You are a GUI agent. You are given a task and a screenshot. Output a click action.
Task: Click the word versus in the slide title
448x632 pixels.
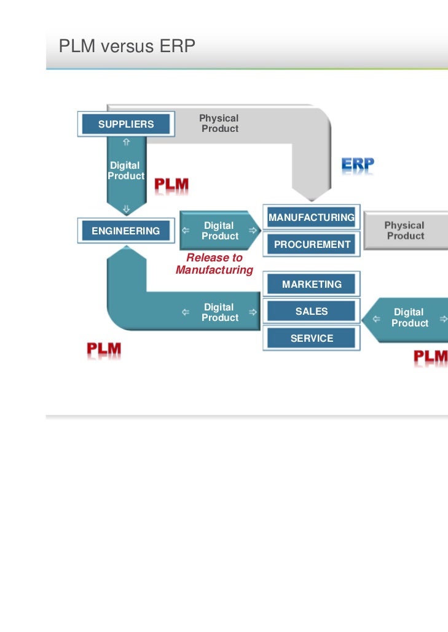(x=120, y=45)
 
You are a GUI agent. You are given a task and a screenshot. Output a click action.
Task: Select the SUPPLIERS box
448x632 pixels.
(x=126, y=125)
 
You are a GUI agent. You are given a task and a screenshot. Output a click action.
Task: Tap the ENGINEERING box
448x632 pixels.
(x=125, y=231)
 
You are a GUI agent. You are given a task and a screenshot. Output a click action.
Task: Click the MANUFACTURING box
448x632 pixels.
(x=311, y=217)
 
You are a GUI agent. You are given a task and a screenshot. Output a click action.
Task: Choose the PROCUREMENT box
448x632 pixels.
(x=312, y=244)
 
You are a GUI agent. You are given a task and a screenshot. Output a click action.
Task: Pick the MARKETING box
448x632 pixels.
(x=312, y=284)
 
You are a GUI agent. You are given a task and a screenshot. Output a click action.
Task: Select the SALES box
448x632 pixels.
(x=312, y=311)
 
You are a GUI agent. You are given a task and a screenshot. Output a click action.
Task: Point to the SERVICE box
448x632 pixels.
(x=312, y=338)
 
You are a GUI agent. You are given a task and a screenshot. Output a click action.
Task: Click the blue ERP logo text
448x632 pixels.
(x=358, y=165)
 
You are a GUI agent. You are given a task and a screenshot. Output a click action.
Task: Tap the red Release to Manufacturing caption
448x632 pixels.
(x=214, y=264)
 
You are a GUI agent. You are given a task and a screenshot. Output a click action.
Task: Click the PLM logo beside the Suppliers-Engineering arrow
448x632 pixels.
(x=171, y=185)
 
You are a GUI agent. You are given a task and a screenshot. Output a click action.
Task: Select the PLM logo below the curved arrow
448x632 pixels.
(x=104, y=350)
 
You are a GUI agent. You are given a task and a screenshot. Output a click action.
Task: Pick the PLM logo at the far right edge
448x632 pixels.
(x=430, y=357)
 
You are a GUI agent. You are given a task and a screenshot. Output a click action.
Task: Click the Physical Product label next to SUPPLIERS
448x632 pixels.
(x=219, y=123)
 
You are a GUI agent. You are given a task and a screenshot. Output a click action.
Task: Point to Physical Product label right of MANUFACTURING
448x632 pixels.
(x=405, y=231)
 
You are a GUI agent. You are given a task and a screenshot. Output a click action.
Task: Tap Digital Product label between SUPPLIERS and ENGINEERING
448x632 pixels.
(x=125, y=171)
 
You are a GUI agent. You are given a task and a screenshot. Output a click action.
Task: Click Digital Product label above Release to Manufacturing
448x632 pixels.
(x=219, y=231)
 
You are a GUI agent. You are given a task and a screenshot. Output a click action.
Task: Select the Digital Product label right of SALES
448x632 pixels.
(x=409, y=318)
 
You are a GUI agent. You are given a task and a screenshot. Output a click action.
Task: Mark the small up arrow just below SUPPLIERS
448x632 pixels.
(x=126, y=141)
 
